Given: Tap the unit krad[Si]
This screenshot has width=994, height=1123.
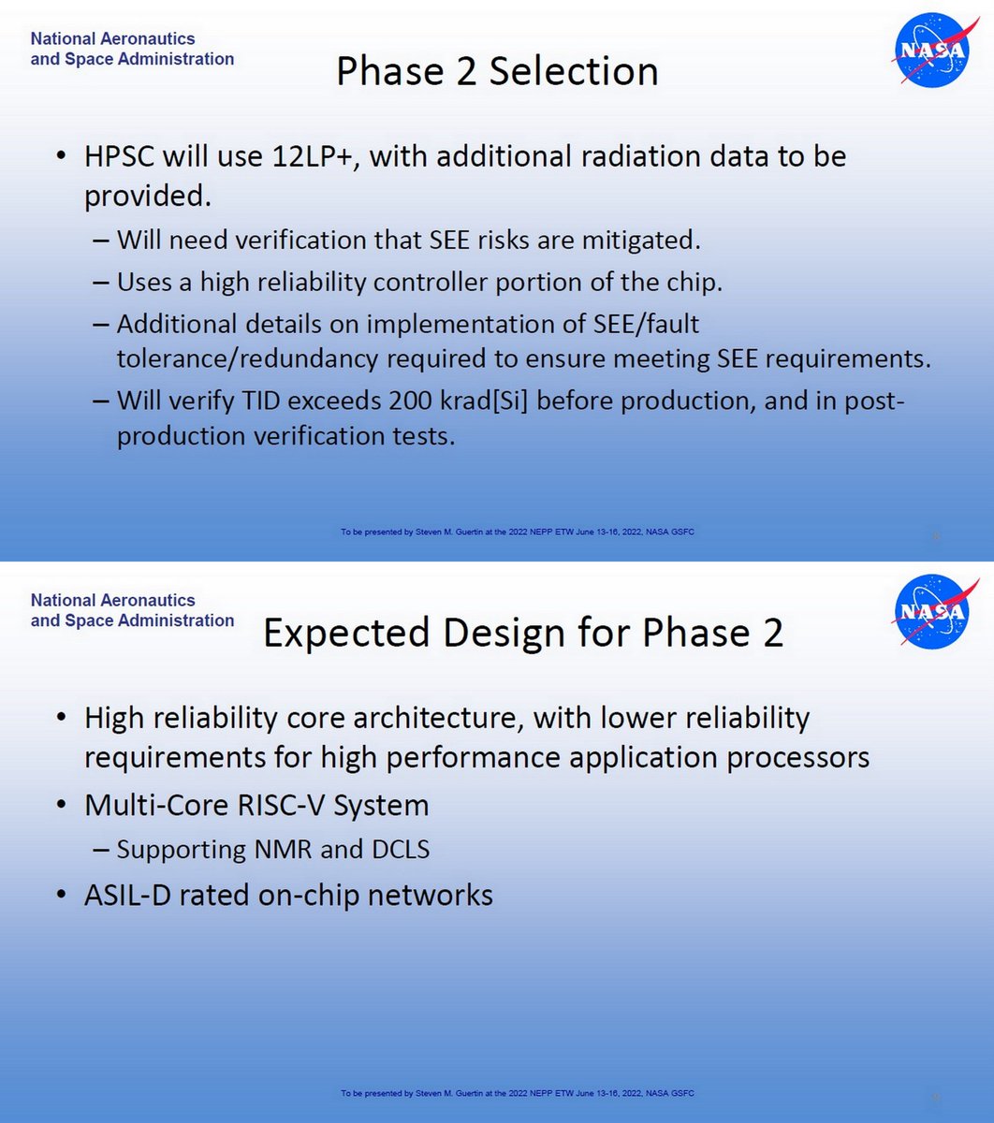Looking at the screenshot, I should tap(493, 401).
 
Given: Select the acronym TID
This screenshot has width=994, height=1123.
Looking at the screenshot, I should tap(257, 401).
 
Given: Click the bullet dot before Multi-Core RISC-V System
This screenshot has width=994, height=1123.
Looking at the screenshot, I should tap(62, 806).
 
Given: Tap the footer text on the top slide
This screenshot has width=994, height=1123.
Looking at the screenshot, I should tap(517, 532).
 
